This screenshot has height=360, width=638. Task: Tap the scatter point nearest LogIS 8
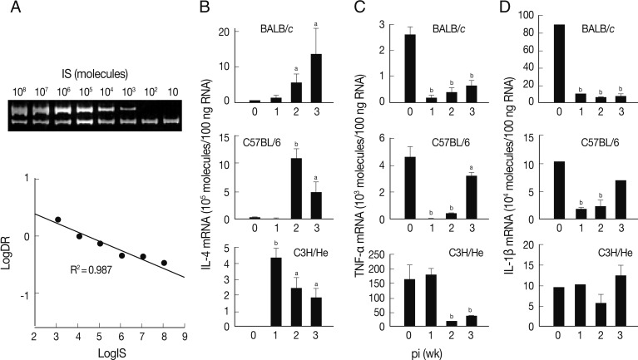[164, 263]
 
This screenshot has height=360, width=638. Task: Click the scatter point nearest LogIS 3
[57, 219]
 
